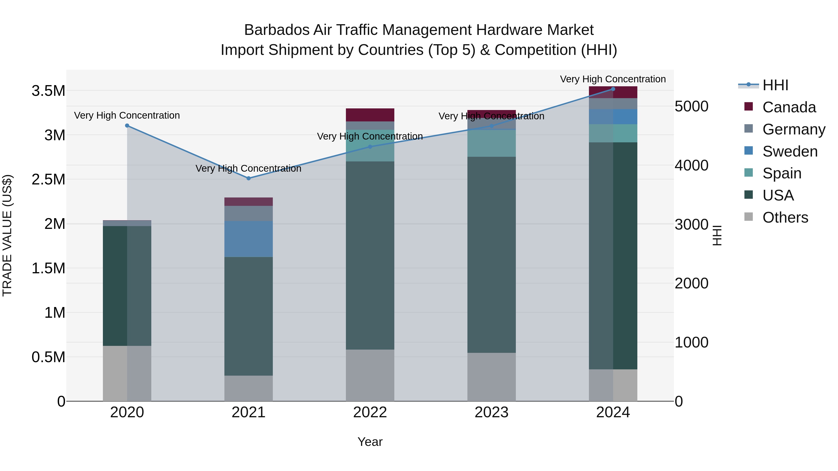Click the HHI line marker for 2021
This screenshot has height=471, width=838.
point(249,178)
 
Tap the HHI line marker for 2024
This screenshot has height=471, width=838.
point(613,89)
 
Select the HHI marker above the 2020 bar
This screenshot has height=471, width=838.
point(127,125)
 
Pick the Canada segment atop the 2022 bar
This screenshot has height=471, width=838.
point(370,115)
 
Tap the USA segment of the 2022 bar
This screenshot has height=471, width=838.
point(370,255)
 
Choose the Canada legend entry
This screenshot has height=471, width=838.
point(789,107)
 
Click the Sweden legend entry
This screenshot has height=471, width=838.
point(790,151)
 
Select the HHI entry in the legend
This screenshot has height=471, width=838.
point(775,85)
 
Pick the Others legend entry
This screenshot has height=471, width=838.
point(785,217)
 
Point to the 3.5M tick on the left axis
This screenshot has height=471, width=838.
point(48,91)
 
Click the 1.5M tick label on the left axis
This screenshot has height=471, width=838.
point(48,268)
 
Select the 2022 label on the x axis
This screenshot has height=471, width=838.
point(370,412)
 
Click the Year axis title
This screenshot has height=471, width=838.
point(370,442)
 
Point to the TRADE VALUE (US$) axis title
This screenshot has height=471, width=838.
point(7,235)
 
